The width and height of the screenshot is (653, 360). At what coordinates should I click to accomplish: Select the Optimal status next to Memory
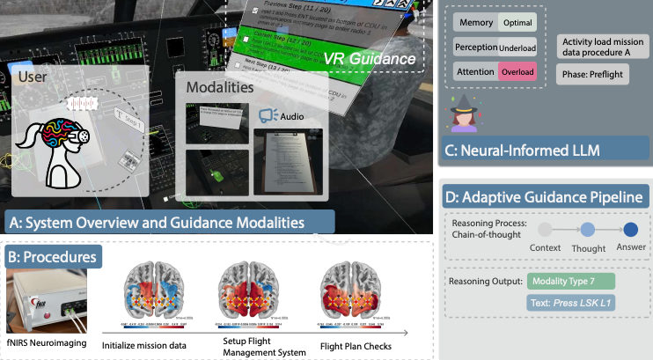click(517, 23)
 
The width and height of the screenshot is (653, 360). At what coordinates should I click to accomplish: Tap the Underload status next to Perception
click(517, 47)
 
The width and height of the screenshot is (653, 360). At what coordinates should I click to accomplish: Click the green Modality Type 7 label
click(571, 281)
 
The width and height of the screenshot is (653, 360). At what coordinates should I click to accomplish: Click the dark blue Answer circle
click(630, 230)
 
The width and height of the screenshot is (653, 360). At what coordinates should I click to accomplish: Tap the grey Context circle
click(545, 230)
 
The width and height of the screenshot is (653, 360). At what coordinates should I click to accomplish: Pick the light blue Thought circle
click(588, 230)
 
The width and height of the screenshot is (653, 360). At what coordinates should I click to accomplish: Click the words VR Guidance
click(367, 58)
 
